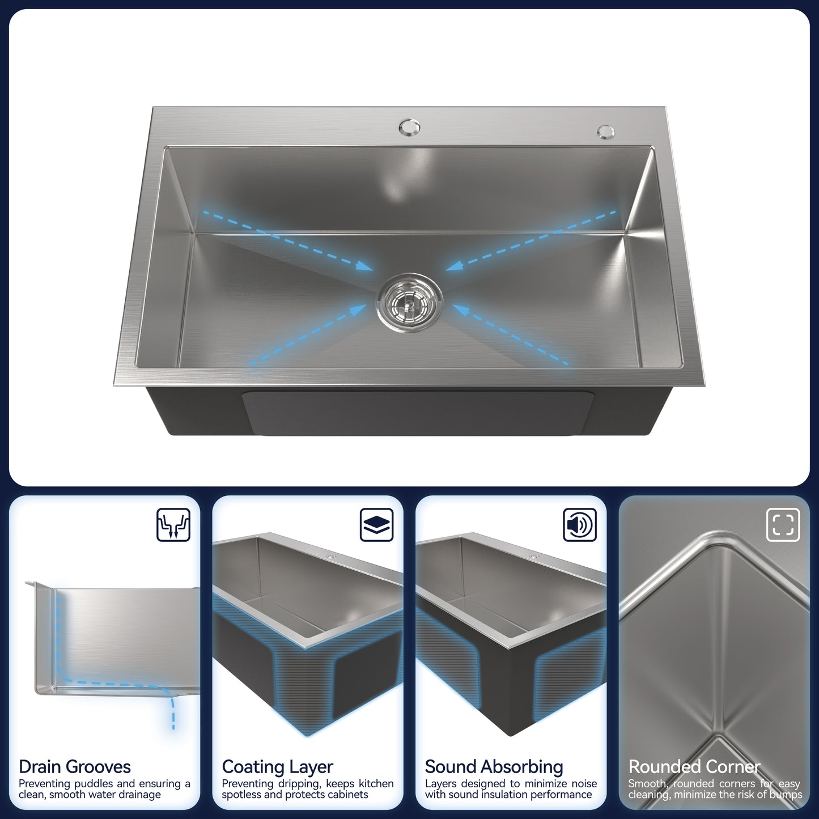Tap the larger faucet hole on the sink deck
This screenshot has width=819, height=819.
point(409,127)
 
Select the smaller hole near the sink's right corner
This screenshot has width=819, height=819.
point(605,131)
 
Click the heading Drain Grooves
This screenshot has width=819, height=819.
point(75,767)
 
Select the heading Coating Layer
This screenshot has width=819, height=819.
point(277,767)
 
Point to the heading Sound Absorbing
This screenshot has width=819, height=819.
point(494,767)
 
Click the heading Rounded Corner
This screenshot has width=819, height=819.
point(694,767)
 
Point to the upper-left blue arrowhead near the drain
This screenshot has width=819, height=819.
point(364,266)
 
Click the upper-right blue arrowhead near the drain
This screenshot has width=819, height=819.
point(455,266)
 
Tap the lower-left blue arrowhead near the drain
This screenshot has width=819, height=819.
point(358,309)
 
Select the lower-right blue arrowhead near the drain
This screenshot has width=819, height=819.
point(461,310)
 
